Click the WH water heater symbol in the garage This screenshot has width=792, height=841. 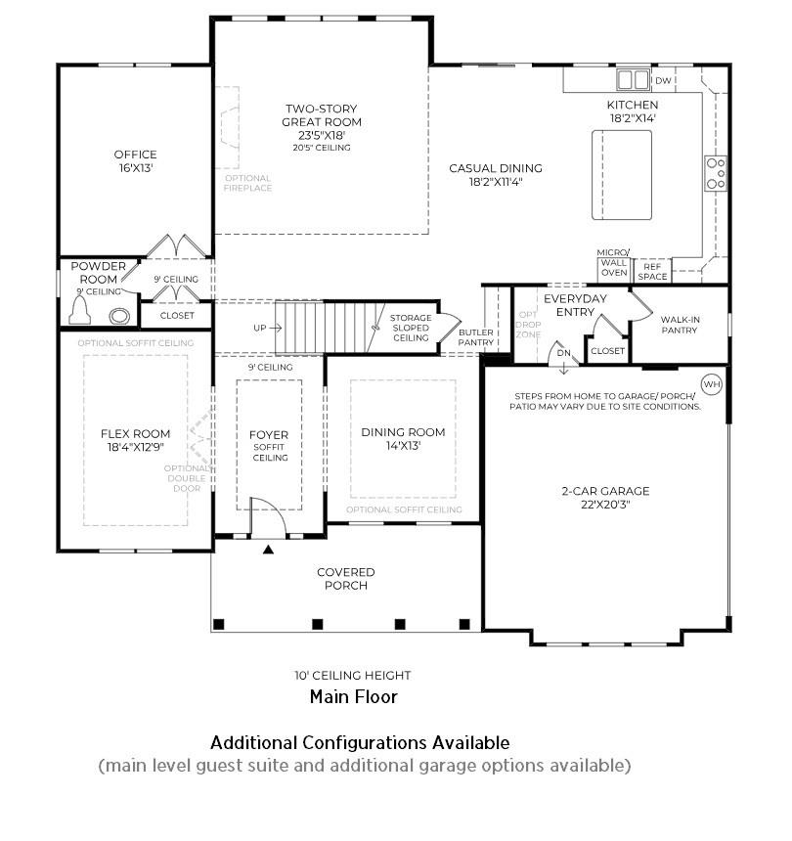click(711, 384)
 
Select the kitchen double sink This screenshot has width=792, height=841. click(633, 80)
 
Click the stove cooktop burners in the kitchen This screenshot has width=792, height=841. click(716, 173)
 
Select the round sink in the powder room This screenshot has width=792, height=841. click(120, 316)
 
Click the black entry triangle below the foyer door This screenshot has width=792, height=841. click(268, 550)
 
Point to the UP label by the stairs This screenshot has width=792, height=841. click(260, 328)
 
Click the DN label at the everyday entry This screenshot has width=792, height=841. click(563, 352)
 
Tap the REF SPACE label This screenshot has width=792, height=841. click(652, 271)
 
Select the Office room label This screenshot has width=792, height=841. click(135, 155)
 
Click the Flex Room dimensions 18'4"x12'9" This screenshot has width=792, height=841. click(135, 447)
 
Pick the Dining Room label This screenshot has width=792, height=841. click(403, 432)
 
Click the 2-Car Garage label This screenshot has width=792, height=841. click(605, 491)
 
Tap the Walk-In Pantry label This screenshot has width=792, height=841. click(679, 325)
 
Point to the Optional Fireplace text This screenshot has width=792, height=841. click(247, 183)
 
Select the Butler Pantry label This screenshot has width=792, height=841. click(476, 337)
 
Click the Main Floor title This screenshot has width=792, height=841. click(353, 696)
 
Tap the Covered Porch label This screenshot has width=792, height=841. click(346, 579)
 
